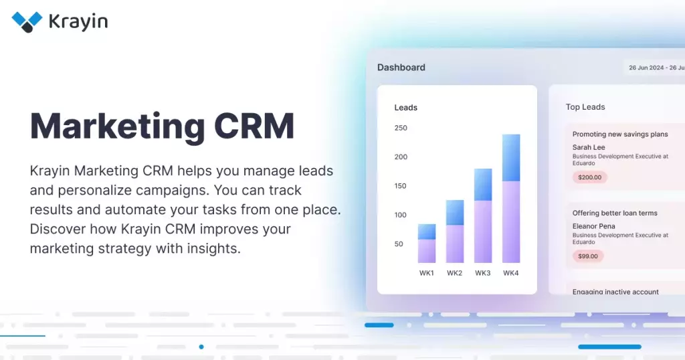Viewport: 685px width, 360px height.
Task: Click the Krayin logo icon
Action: (27, 22)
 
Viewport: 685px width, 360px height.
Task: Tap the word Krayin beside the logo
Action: (79, 22)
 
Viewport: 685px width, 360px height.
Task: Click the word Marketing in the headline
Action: (117, 127)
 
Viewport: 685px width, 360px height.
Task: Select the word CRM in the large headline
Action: (254, 126)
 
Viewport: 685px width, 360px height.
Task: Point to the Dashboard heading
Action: (401, 68)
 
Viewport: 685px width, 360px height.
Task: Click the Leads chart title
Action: (406, 108)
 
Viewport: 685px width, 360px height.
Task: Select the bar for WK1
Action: (426, 244)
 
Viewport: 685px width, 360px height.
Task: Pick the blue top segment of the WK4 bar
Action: (511, 158)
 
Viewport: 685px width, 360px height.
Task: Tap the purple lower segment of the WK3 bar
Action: (483, 232)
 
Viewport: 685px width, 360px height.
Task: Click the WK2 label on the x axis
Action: (454, 273)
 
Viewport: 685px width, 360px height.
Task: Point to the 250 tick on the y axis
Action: (401, 128)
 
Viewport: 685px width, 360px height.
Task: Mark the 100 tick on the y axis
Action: (401, 215)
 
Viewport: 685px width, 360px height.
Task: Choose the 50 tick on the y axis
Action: (399, 244)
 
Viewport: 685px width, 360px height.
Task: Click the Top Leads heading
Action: (585, 107)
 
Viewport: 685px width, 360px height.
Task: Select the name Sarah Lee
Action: (589, 147)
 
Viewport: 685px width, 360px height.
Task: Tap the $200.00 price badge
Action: (590, 177)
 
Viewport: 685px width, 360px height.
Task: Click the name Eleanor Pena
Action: (594, 226)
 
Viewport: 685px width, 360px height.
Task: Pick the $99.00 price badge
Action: (588, 256)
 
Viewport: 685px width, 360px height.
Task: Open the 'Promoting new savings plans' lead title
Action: (620, 134)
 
